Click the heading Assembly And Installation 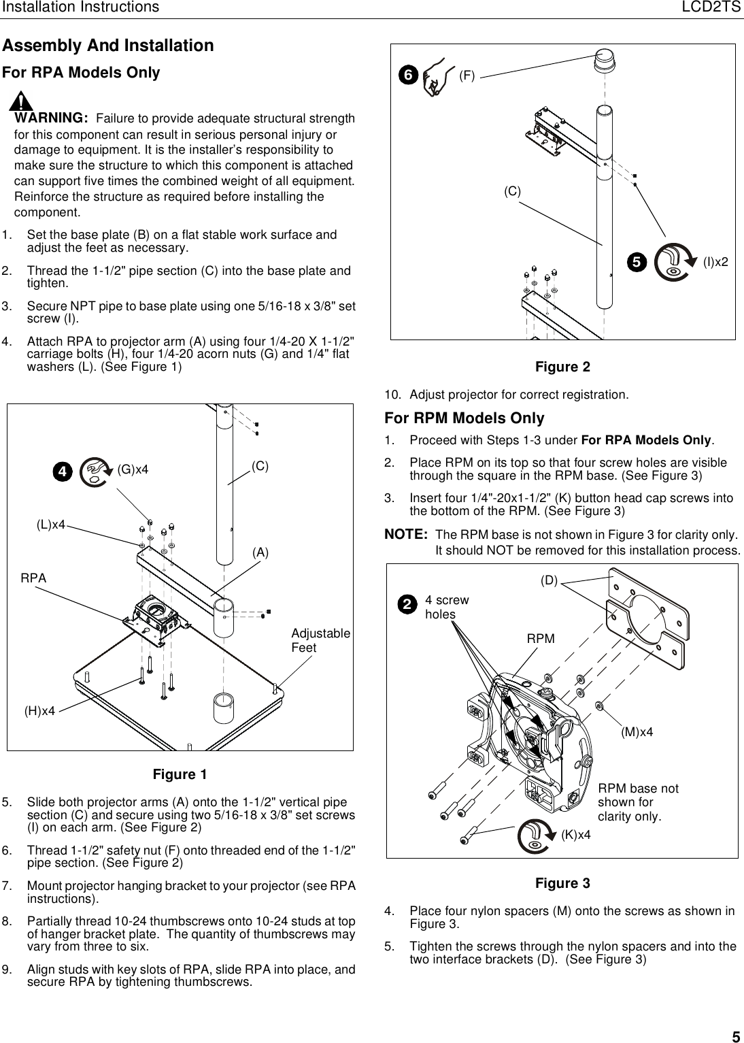[108, 46]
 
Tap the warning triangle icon [24, 103]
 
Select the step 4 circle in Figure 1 [63, 471]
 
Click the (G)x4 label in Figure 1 [133, 469]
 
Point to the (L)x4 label [50, 525]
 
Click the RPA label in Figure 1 [33, 578]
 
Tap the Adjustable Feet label [320, 640]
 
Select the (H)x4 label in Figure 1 [39, 711]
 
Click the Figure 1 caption [180, 774]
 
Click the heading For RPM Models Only [464, 418]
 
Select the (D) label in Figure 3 [549, 580]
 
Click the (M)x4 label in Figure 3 [637, 731]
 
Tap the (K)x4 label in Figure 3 [575, 834]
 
